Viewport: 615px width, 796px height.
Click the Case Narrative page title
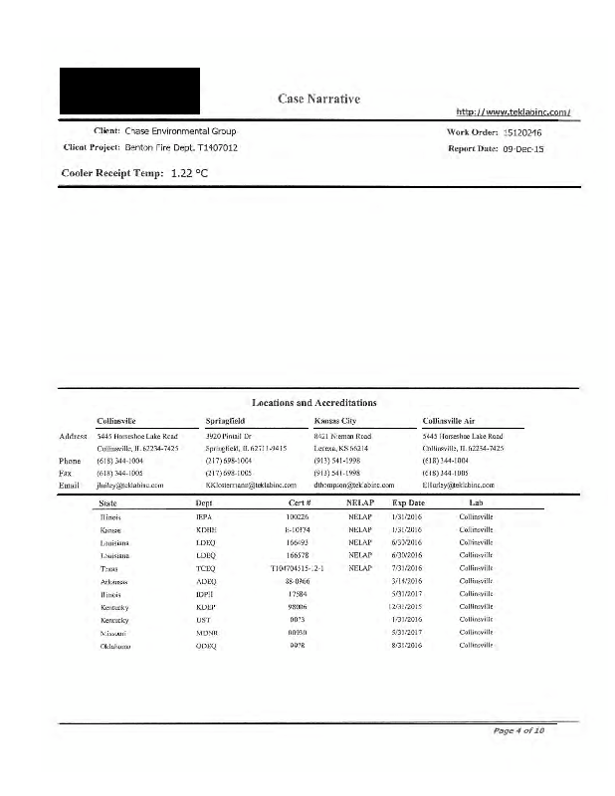317,99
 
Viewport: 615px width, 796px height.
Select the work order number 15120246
522,131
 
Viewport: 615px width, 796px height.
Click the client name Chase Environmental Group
180,131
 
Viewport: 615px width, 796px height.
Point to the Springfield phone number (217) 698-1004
232,461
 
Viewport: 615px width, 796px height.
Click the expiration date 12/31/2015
408,607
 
